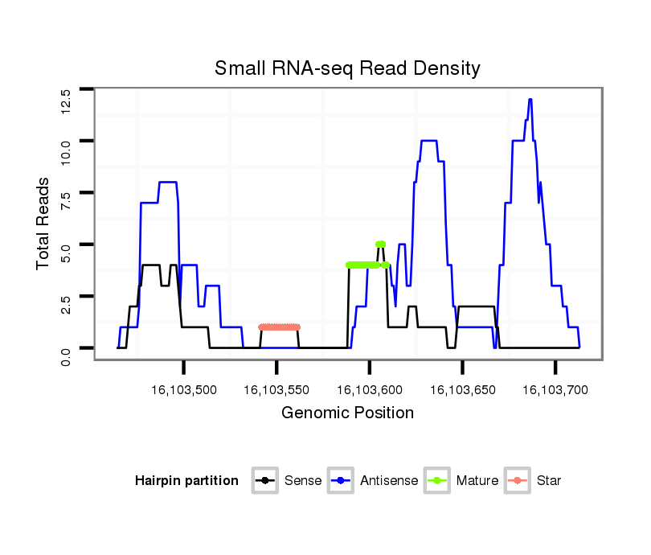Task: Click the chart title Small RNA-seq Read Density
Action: [x=347, y=68]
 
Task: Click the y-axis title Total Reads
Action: [x=45, y=223]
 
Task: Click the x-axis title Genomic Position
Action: [x=347, y=413]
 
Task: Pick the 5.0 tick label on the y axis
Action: [x=66, y=245]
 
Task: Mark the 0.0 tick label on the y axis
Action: [x=66, y=348]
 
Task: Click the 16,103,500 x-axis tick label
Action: [x=184, y=390]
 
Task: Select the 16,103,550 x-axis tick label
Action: [x=276, y=390]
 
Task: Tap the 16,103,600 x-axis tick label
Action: [x=370, y=390]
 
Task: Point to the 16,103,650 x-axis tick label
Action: [x=463, y=390]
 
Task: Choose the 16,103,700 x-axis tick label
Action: [x=555, y=390]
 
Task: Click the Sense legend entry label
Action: [x=303, y=481]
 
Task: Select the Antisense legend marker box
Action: [x=341, y=481]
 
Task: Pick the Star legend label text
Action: [x=549, y=481]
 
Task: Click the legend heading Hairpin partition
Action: [x=187, y=481]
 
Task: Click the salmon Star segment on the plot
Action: [x=279, y=327]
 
